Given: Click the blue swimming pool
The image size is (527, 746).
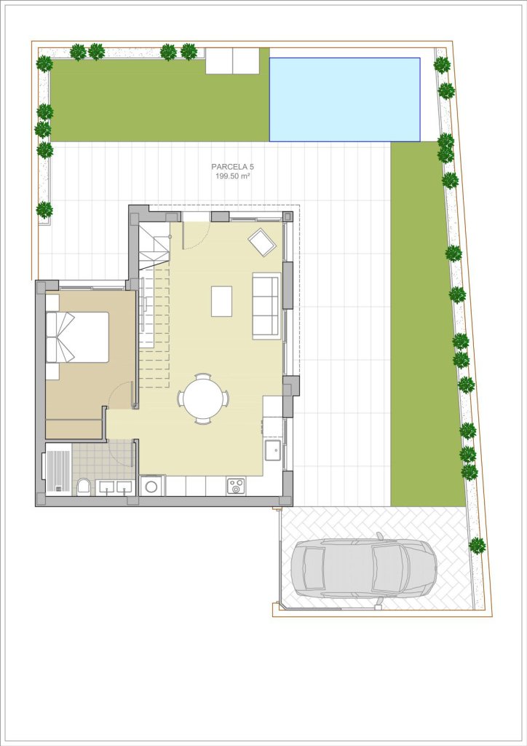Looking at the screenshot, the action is [x=344, y=99].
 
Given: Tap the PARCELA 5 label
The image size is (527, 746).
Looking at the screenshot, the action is [x=233, y=167].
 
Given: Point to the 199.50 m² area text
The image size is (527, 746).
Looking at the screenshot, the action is [x=233, y=176].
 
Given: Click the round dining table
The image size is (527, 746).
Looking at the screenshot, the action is [x=203, y=398].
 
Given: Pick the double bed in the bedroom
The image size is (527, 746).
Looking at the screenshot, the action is [x=77, y=337].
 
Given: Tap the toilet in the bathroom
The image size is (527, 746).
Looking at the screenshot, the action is [x=84, y=487].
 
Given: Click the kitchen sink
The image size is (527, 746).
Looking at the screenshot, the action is [x=273, y=450].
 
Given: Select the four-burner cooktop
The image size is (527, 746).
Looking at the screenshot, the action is [x=236, y=486].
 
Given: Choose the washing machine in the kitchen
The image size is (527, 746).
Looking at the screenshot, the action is [x=152, y=486].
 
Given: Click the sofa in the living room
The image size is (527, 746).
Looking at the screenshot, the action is [x=266, y=306].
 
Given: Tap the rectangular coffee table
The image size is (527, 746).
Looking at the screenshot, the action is [x=221, y=301].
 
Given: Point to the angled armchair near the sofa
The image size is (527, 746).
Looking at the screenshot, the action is [x=262, y=242].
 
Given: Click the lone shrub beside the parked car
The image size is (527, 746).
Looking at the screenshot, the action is [x=477, y=545].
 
